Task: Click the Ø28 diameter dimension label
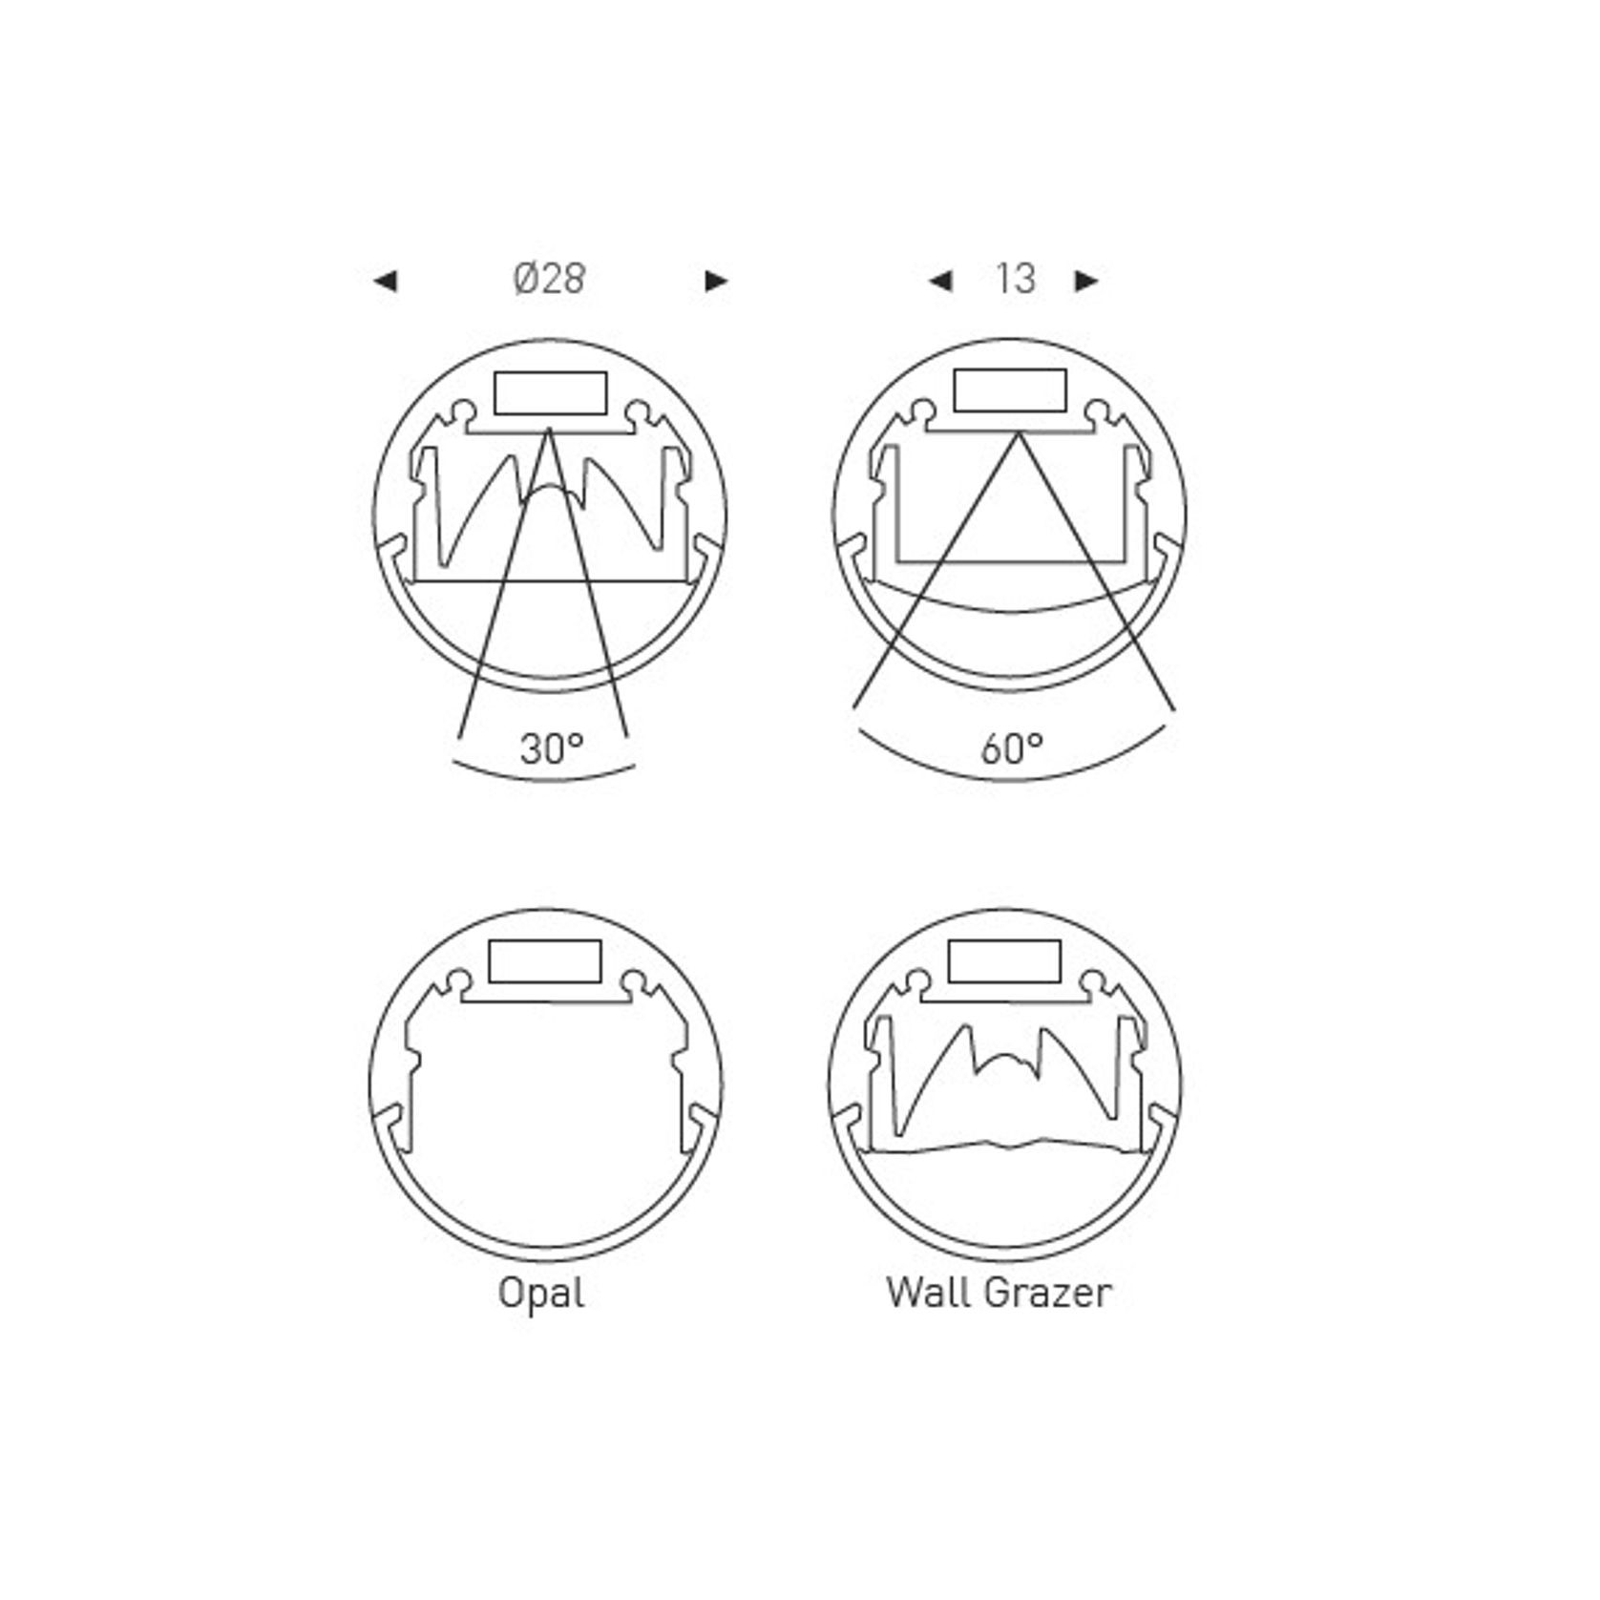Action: coord(549,279)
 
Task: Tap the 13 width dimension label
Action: coord(1015,279)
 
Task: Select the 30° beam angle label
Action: coord(552,748)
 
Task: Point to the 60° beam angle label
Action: coord(1012,748)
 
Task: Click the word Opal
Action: coord(541,1295)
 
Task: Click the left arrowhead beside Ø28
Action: coord(385,281)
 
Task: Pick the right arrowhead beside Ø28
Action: coord(716,281)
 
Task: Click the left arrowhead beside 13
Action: coord(940,281)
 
